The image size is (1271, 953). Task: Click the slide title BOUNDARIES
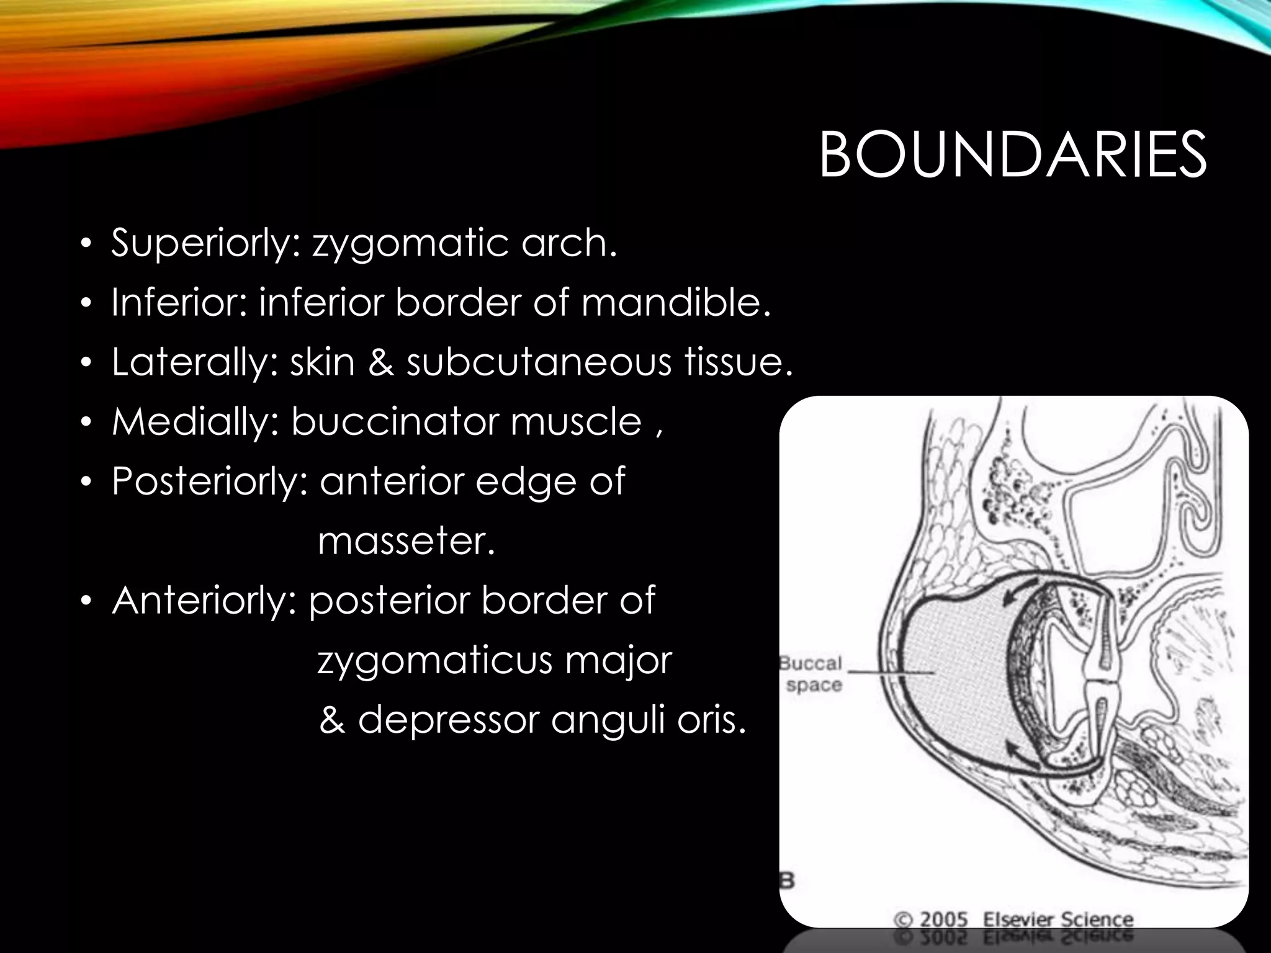point(1013,155)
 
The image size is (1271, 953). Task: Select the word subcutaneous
point(539,362)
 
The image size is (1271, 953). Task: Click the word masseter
point(406,541)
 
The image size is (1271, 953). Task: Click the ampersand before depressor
point(333,721)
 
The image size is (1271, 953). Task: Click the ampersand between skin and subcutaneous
point(380,363)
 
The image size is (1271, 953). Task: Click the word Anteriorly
point(205,601)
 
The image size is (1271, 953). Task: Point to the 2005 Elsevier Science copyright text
point(1013,919)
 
